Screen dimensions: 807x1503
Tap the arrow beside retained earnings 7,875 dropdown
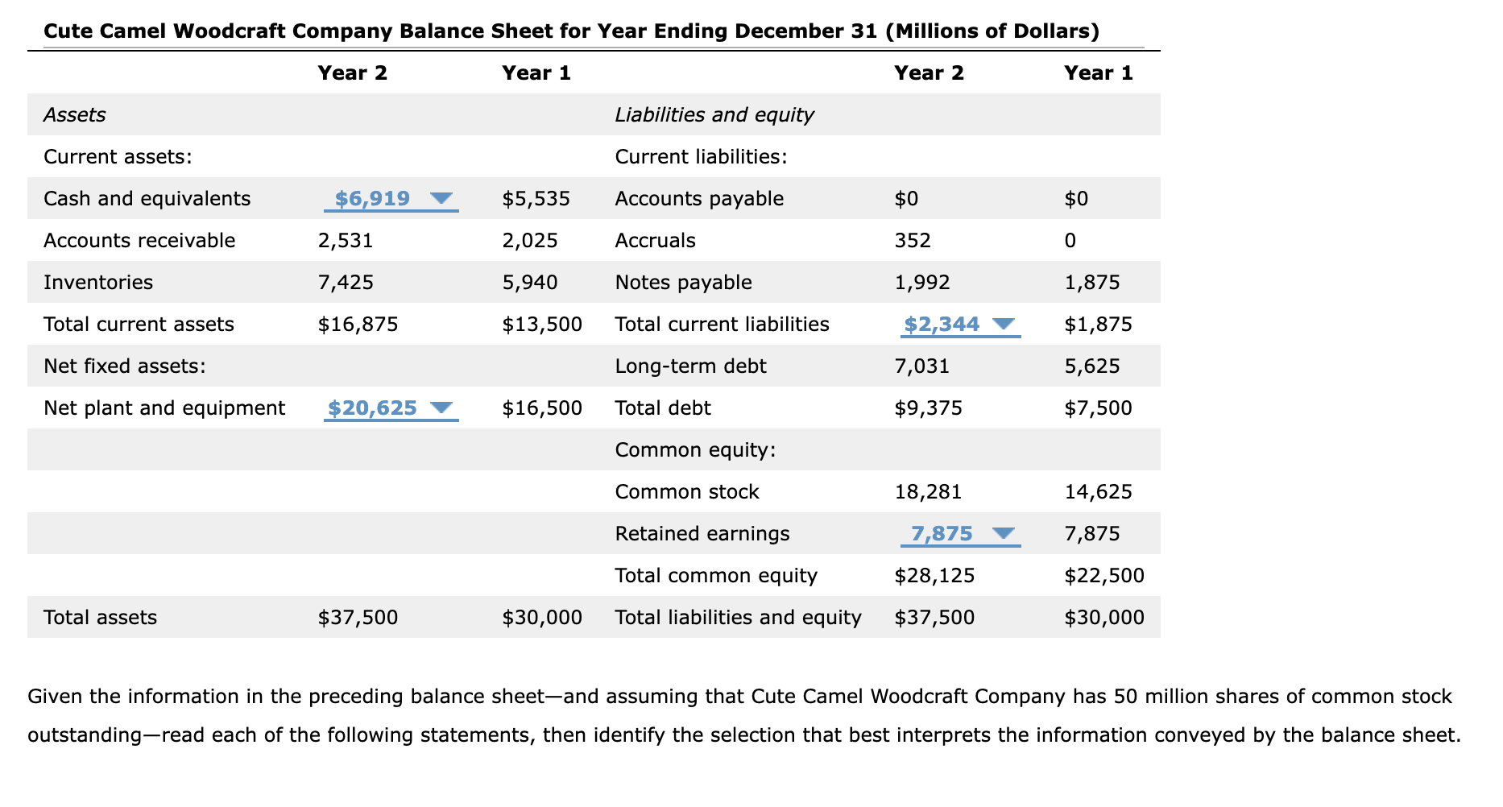pyautogui.click(x=1003, y=533)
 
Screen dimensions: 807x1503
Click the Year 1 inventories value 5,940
pyautogui.click(x=529, y=282)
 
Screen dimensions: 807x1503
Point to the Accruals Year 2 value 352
pyautogui.click(x=912, y=240)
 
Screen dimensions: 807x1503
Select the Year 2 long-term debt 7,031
pyautogui.click(x=921, y=366)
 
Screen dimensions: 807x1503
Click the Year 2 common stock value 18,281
pyautogui.click(x=928, y=491)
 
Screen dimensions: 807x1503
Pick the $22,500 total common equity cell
pyautogui.click(x=1103, y=575)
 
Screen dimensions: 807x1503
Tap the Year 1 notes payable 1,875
pyautogui.click(x=1091, y=282)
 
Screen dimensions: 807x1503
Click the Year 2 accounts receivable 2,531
pyautogui.click(x=345, y=240)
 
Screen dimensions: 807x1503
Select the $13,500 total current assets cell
pyautogui.click(x=541, y=324)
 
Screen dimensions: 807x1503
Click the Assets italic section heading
pyautogui.click(x=74, y=114)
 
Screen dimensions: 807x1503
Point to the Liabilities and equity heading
pyautogui.click(x=714, y=114)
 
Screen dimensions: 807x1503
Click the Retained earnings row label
pyautogui.click(x=702, y=533)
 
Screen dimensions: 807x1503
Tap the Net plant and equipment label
pyautogui.click(x=164, y=408)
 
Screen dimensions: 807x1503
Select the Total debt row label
pyautogui.click(x=662, y=408)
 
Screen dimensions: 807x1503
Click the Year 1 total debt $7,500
pyautogui.click(x=1097, y=408)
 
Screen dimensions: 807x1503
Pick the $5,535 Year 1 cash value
pyautogui.click(x=536, y=198)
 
